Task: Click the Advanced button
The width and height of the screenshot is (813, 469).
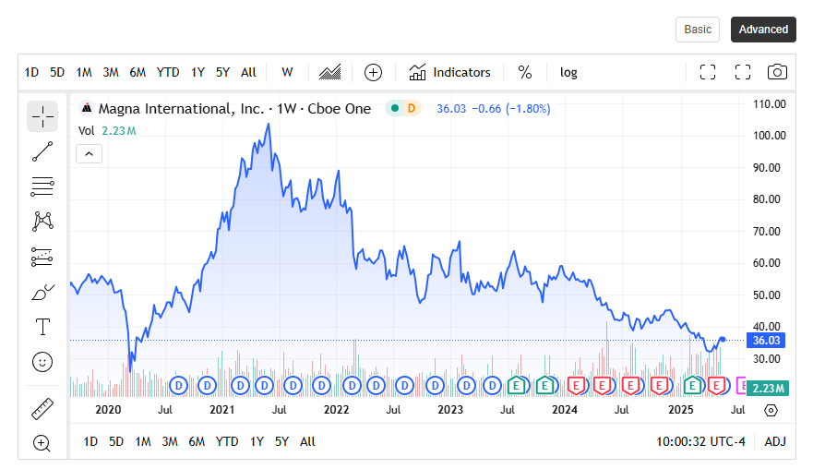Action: coord(763,30)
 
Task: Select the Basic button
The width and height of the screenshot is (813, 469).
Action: coord(698,30)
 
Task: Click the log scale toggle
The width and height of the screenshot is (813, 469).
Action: coord(568,72)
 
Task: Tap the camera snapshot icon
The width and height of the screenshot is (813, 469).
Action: coord(778,72)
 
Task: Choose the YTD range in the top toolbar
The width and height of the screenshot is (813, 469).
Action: coord(168,72)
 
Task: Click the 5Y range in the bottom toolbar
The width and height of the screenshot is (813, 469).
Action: coord(282,441)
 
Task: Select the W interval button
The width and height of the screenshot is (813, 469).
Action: coord(288,72)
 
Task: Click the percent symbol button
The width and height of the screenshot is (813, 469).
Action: coord(525,72)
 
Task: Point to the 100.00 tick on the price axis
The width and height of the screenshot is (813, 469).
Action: coord(770,136)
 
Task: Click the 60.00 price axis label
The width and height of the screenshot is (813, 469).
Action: coord(770,263)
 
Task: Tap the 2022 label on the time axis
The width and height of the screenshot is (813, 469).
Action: coord(336,409)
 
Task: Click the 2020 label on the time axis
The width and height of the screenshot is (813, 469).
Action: coord(108,409)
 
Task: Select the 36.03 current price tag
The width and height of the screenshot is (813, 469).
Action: coord(767,340)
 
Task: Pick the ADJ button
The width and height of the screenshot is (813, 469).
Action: coord(775,441)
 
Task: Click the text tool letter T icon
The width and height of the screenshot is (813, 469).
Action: coord(42,327)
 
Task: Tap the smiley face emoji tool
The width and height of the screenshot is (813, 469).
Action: coord(42,361)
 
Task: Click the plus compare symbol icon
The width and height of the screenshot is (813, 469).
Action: coord(373,72)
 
